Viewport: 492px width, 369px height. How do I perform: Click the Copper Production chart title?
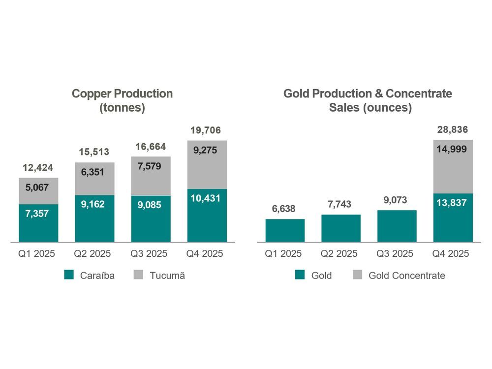click(122, 100)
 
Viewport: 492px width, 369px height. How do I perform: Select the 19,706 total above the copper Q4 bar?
click(207, 130)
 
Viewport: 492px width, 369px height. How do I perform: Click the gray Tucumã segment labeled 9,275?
click(207, 165)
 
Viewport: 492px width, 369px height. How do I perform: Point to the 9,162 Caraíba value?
click(94, 204)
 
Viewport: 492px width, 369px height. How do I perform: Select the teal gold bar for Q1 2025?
click(285, 231)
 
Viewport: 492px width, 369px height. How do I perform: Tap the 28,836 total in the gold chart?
click(453, 130)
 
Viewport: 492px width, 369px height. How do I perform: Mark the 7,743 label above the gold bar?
click(341, 204)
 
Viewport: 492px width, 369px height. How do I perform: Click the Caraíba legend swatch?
click(69, 276)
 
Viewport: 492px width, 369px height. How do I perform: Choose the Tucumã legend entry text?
click(167, 276)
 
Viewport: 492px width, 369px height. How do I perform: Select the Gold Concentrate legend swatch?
click(357, 276)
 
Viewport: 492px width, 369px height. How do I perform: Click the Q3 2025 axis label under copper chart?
click(151, 254)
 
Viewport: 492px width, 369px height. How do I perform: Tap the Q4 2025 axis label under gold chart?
click(453, 254)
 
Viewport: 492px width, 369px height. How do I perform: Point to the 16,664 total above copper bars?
click(151, 147)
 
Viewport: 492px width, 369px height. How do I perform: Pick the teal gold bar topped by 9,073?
click(397, 226)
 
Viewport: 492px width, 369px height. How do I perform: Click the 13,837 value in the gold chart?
click(453, 203)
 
